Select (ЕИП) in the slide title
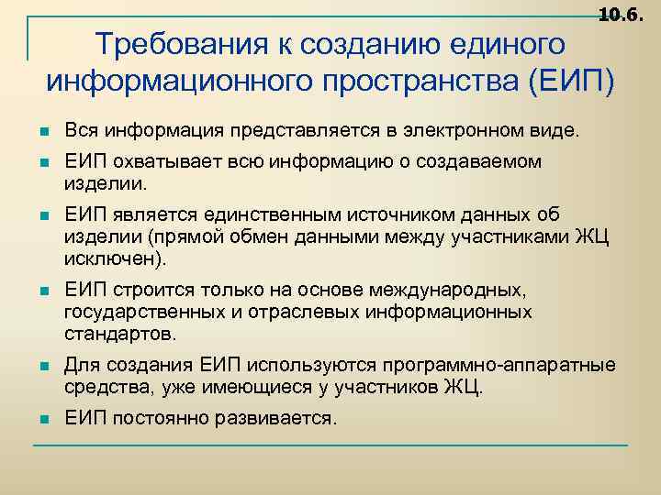[x=572, y=81]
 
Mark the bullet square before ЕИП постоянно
[x=44, y=420]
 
